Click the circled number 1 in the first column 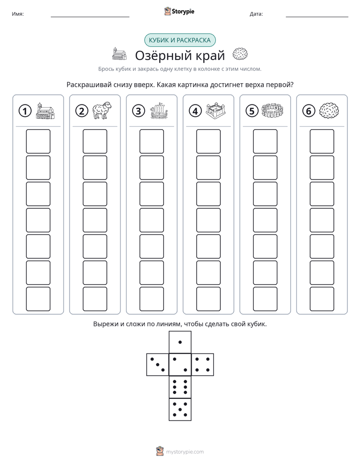click(25, 111)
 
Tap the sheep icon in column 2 click(102, 110)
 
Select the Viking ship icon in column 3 click(159, 111)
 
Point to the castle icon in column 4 click(216, 111)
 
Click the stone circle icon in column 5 click(272, 110)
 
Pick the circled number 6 click(309, 111)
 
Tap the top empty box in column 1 click(38, 141)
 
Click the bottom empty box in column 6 click(322, 299)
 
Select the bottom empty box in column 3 click(151, 299)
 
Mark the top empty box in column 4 click(209, 141)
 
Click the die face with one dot click(180, 342)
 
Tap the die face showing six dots click(180, 387)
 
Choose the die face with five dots click(180, 409)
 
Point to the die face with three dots click(158, 365)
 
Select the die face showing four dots click(203, 365)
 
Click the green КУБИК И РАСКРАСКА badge click(180, 40)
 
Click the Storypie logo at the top click(179, 11)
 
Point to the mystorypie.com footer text click(185, 452)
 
